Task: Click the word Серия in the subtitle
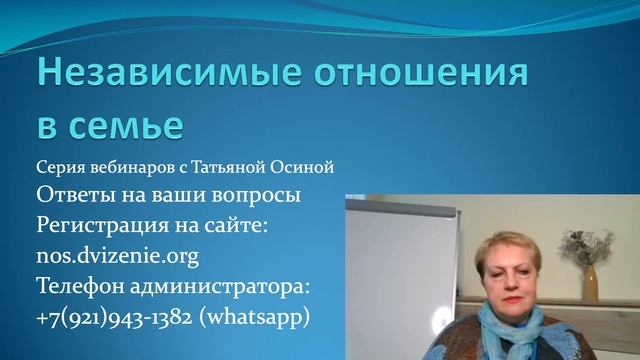[x=59, y=165]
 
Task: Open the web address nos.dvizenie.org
[x=117, y=256]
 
